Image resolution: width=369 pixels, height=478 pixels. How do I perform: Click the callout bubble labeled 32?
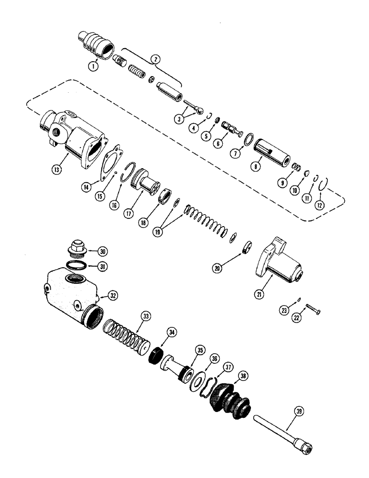coord(113,296)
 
